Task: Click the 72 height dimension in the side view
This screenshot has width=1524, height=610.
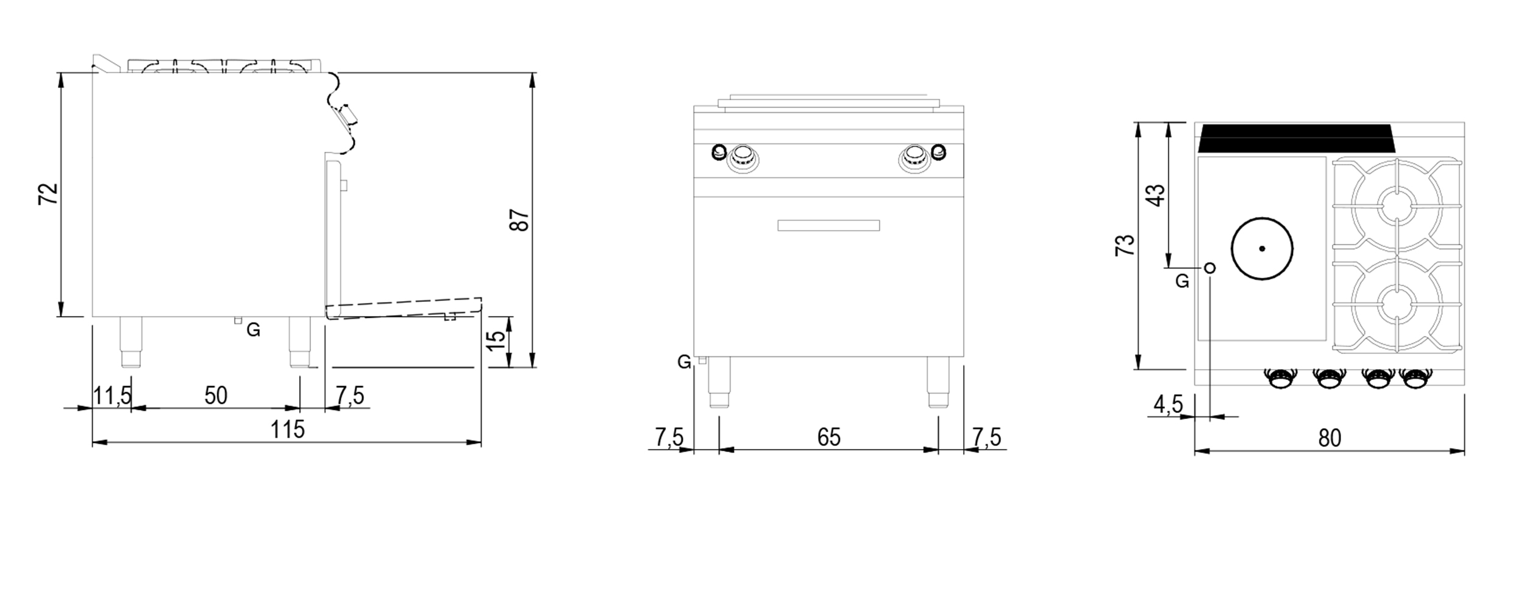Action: pos(49,194)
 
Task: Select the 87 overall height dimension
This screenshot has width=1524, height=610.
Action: pos(519,220)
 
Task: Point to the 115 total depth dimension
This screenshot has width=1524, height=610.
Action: pos(287,430)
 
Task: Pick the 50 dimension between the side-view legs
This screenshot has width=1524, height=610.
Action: pos(216,396)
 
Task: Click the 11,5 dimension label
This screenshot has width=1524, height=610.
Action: pos(112,396)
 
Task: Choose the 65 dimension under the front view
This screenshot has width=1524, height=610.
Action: pos(828,437)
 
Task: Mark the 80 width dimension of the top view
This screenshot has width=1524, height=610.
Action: pos(1330,438)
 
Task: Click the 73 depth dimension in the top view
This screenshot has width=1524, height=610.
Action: pos(1125,245)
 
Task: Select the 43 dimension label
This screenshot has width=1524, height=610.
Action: pos(1156,195)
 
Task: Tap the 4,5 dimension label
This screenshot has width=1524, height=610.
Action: pos(1168,404)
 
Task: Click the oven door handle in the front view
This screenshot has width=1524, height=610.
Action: pos(828,226)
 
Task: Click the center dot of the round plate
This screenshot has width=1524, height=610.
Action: pos(1262,248)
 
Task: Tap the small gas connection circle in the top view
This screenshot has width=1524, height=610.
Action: pos(1210,267)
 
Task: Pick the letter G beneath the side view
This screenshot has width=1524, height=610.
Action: pos(254,331)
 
